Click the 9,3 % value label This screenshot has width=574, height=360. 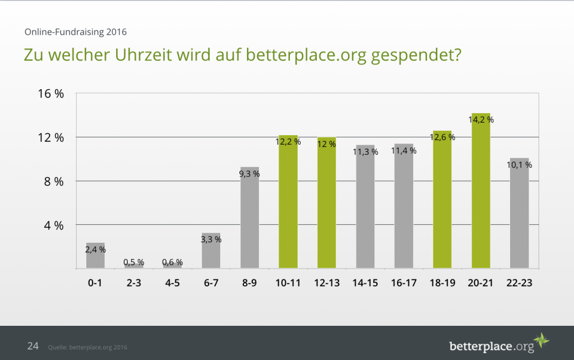point(249,174)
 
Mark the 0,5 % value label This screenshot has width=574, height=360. point(133,262)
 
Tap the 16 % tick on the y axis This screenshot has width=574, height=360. point(51,94)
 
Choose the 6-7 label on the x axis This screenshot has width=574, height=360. point(211,283)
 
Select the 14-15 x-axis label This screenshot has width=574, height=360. point(365,283)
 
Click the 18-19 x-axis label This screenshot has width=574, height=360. point(442,283)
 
